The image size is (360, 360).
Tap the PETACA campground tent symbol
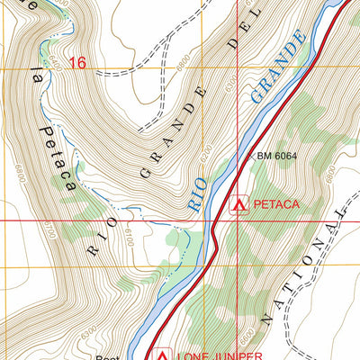[238, 204]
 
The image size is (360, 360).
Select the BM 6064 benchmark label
[276, 156]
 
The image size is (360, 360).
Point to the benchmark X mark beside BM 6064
[249, 155]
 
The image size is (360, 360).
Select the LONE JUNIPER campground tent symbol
[163, 354]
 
